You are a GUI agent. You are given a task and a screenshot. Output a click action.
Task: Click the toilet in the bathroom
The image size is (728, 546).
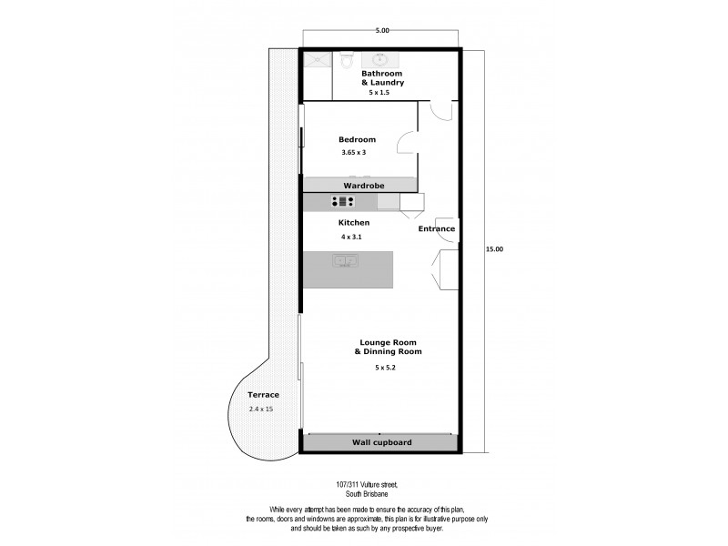tap(345, 61)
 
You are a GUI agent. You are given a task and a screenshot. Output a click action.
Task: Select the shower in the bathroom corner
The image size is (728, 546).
tap(318, 61)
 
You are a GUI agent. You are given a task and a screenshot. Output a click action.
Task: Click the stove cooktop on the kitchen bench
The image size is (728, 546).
tap(342, 202)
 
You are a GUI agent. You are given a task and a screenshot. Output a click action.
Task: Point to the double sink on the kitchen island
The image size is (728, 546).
tap(345, 261)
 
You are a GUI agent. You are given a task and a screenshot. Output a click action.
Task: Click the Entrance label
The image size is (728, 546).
tap(436, 228)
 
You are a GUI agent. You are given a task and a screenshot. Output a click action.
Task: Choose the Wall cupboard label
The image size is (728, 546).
tap(381, 442)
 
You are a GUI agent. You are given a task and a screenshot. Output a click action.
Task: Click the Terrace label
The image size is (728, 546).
tap(263, 395)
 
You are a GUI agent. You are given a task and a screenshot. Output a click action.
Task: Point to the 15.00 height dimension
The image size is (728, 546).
tap(494, 248)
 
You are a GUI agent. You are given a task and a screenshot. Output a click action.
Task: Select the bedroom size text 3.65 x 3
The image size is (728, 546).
tap(353, 152)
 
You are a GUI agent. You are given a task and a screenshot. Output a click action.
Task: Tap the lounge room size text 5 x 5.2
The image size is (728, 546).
tap(385, 368)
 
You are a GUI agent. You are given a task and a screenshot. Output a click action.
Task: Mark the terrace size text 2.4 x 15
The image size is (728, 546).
tap(261, 409)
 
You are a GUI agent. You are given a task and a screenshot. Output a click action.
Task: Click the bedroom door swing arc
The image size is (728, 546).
tap(407, 144)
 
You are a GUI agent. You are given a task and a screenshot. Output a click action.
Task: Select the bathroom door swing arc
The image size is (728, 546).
tap(440, 110)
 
